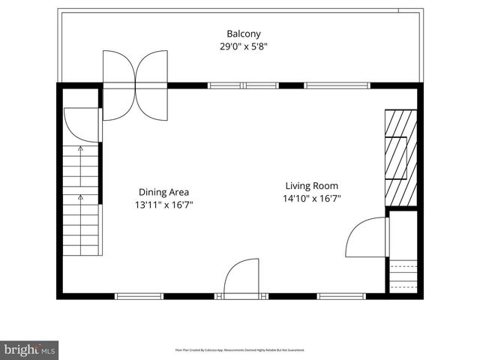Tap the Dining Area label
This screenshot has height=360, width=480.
tap(163, 191)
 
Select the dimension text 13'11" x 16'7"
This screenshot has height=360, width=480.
tap(163, 204)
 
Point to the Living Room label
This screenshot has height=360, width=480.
tap(311, 186)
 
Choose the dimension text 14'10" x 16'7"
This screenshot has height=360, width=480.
tap(311, 199)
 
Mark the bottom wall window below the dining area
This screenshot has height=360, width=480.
tap(139, 296)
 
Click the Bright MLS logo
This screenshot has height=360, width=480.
tap(29, 349)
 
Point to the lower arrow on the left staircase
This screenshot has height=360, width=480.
tap(80, 197)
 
